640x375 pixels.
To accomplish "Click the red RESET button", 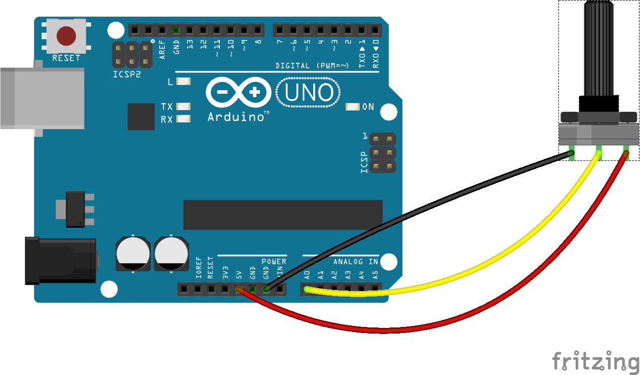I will tap(66, 36).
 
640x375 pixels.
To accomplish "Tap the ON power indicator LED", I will tap(353, 107).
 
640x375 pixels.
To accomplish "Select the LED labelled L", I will tap(183, 81).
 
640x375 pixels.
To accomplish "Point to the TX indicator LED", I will tap(183, 107).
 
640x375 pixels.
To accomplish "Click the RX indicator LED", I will tap(183, 119).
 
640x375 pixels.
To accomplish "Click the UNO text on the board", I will tap(309, 93).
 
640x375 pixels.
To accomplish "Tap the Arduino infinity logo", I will tap(238, 93).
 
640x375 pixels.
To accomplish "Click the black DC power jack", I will tap(61, 261).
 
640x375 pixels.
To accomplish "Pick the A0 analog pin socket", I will tap(307, 289).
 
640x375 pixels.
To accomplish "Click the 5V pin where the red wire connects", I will tap(239, 289).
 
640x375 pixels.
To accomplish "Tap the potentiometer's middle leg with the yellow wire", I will tap(599, 152).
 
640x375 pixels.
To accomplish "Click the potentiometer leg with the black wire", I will tap(572, 152).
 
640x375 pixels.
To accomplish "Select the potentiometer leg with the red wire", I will tap(626, 152).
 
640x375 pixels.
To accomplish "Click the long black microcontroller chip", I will tap(283, 215).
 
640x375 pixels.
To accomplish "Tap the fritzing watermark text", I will tap(595, 362).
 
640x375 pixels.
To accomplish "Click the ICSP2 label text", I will tap(126, 74).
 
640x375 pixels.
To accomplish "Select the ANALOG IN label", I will tap(355, 262).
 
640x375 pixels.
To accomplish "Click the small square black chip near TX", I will tap(141, 116).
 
